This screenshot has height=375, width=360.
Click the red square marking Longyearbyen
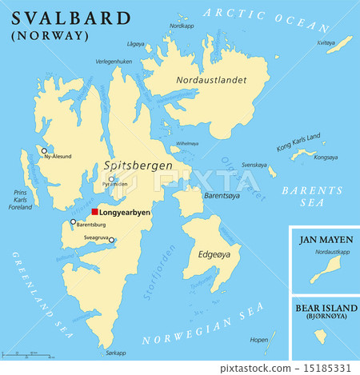pos(94,212)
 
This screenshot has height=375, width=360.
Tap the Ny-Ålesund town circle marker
pos(45,150)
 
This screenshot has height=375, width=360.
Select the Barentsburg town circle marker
pos(73,222)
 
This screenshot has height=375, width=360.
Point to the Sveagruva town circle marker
pos(111,240)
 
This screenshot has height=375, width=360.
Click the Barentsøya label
pos(222,194)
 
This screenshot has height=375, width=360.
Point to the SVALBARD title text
pos(70,18)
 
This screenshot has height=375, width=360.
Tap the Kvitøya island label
pos(325,42)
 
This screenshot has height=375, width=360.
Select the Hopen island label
pos(258,340)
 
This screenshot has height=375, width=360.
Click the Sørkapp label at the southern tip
pos(116,352)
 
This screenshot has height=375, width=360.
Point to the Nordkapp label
pos(182,26)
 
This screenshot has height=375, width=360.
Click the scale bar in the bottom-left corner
pos(28,352)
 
